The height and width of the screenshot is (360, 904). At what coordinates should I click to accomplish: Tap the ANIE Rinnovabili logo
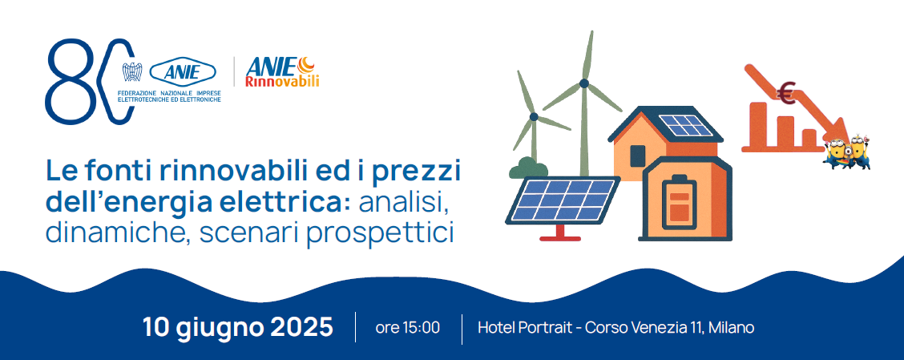pos(282,72)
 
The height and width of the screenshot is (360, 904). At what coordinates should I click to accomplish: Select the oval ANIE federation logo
pos(183,72)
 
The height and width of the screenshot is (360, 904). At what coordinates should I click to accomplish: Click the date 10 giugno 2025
pos(238,327)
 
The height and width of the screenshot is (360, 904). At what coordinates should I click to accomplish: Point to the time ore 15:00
pos(408,328)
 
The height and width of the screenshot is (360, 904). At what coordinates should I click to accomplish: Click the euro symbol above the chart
pos(786,94)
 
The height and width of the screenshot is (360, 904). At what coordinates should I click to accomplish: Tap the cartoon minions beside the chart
pos(846,152)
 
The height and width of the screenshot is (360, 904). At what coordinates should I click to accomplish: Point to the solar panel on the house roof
pos(686,126)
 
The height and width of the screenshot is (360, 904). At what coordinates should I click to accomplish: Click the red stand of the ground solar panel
pos(560,232)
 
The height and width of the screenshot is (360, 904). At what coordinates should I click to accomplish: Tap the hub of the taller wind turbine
pos(584,83)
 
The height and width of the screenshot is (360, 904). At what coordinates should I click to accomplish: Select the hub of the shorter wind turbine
pos(534,116)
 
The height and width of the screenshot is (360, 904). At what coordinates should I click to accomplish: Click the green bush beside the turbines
pos(527,168)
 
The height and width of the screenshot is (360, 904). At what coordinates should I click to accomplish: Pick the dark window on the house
pos(638,156)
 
